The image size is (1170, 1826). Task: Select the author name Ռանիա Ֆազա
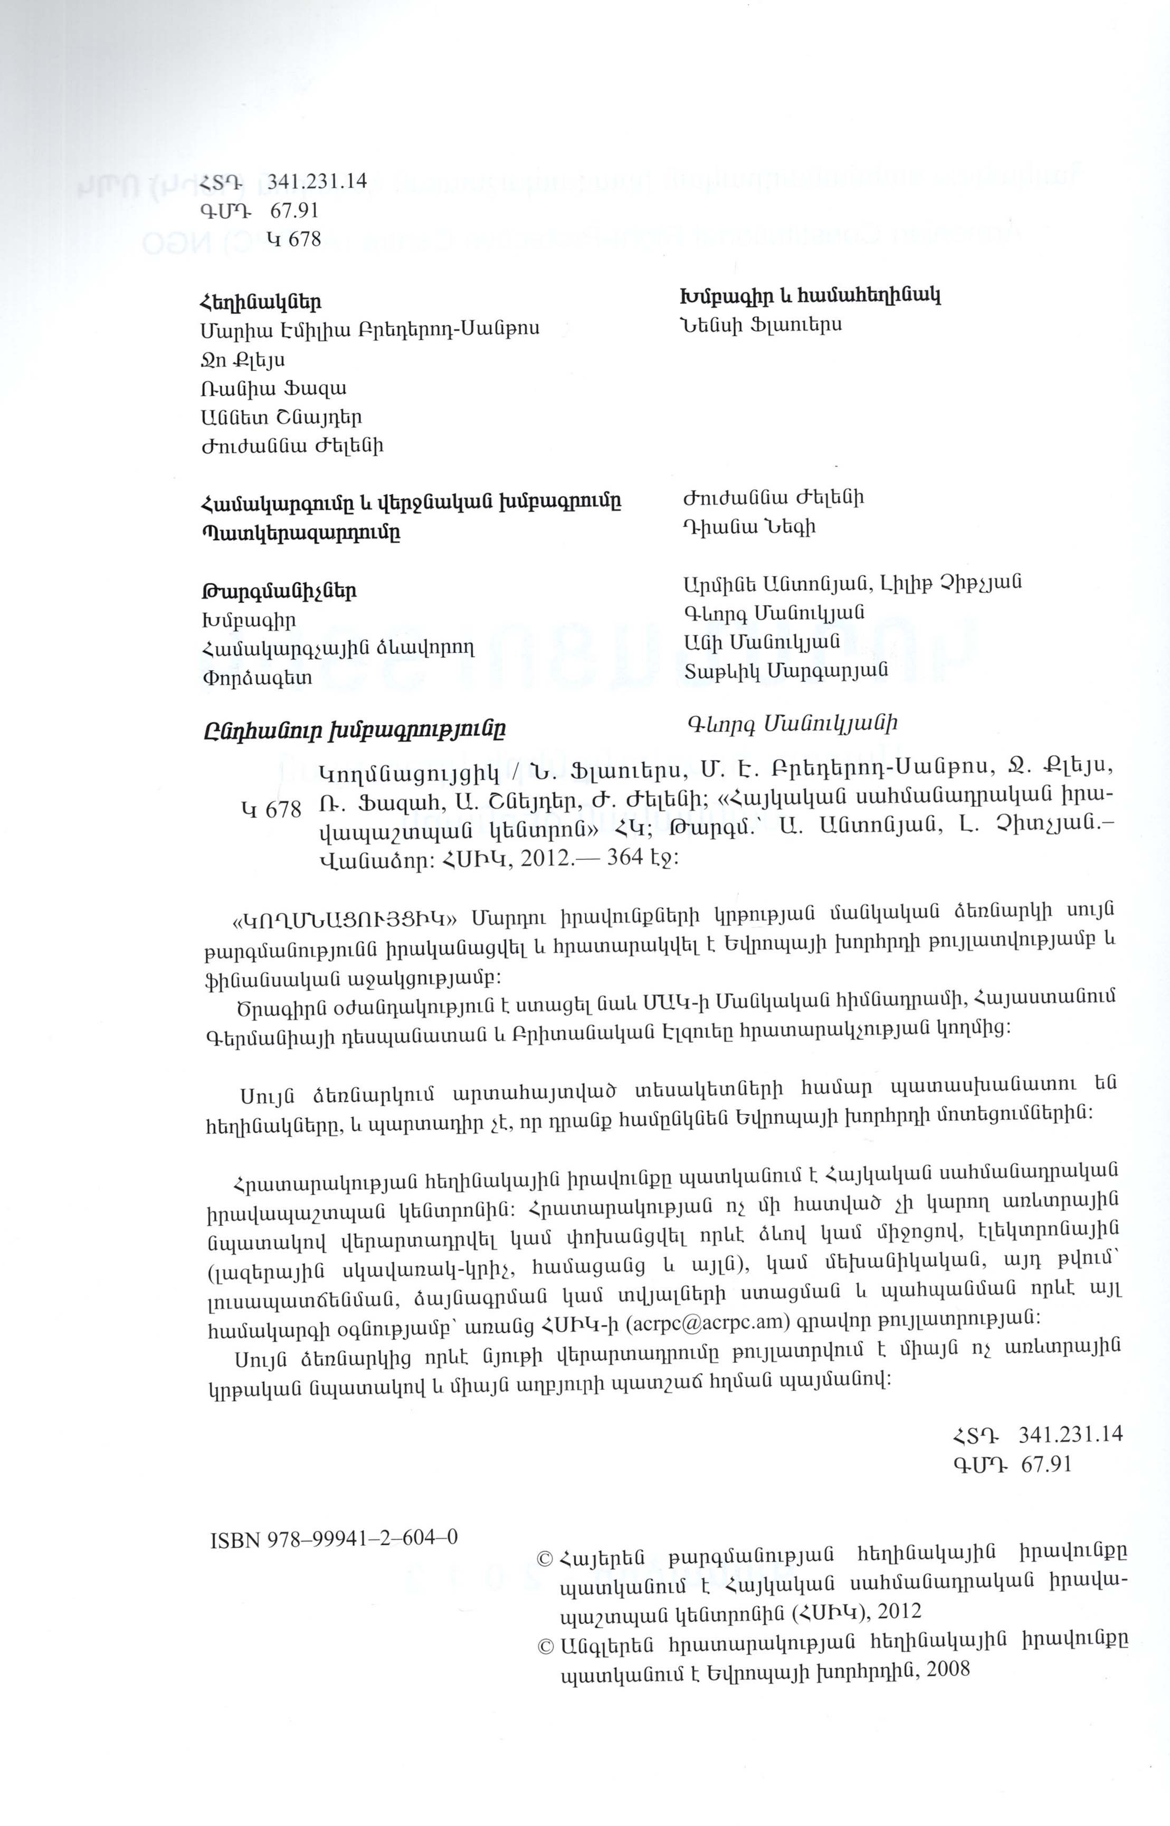click(x=273, y=388)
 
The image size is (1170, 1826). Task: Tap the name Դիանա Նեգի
click(x=749, y=526)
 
